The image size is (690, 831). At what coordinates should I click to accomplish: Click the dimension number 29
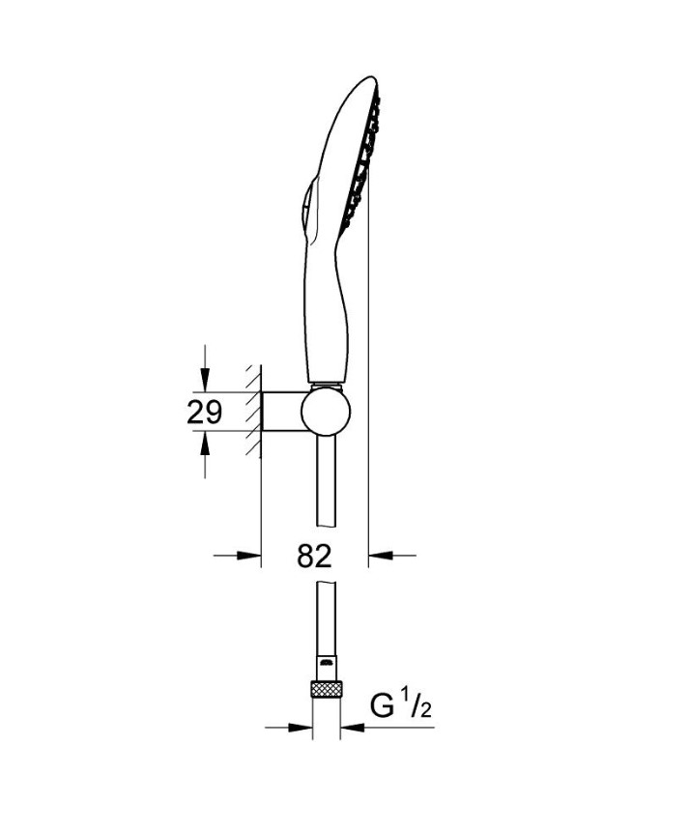(204, 413)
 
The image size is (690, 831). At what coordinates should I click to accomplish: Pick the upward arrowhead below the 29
(204, 444)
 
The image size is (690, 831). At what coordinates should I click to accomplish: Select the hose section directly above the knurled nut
(327, 628)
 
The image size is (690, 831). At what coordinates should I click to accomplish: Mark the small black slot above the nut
(327, 664)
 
